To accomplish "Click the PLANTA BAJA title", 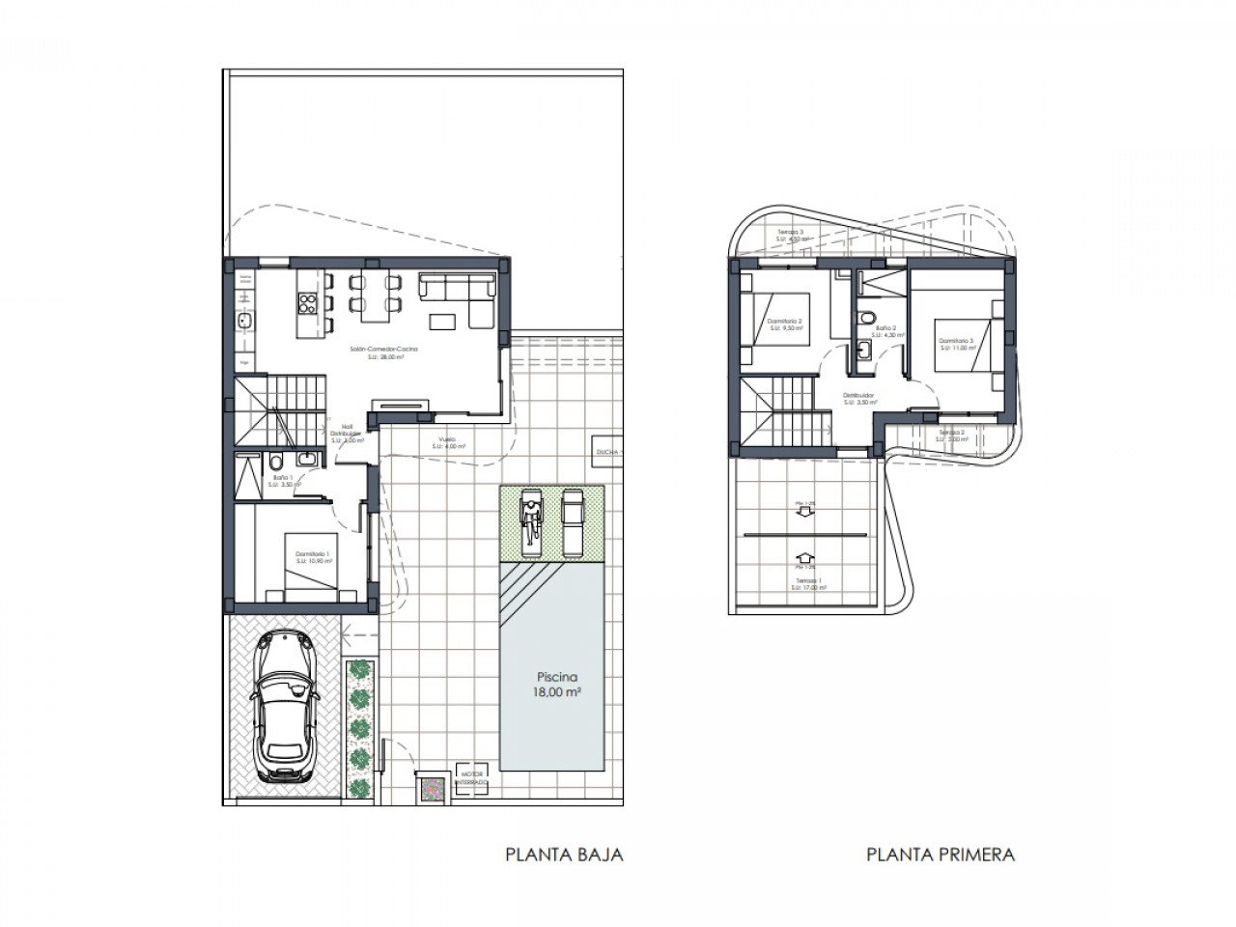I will click(565, 854).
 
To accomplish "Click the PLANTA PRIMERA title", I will click(941, 854).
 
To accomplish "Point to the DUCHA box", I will click(607, 452).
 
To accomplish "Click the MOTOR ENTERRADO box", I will click(471, 777).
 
